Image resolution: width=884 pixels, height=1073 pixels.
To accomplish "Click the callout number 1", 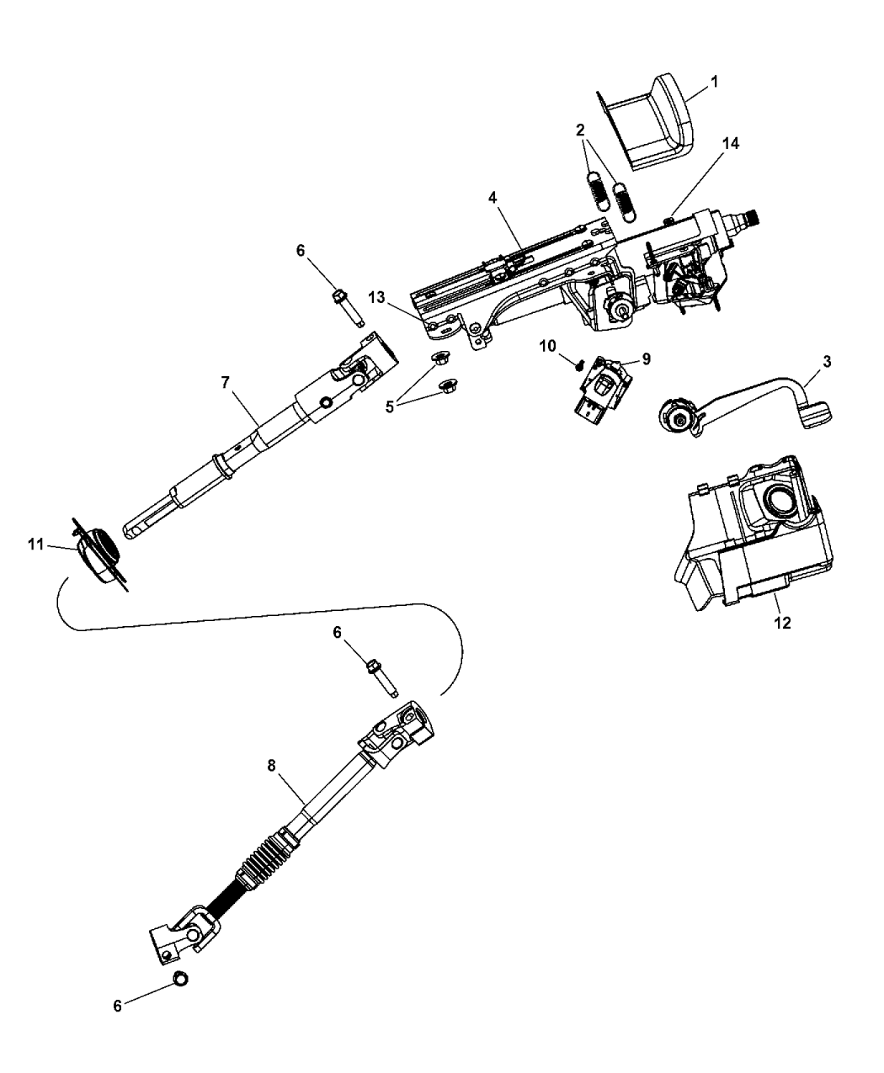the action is coord(714,82).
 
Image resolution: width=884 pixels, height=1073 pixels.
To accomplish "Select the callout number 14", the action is coord(730,145).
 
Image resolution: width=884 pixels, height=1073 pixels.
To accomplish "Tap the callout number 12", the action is coord(782,624).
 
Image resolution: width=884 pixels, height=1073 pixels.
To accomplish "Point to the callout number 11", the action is coord(36,544).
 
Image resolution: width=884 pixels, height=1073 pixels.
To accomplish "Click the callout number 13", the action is coord(376,297).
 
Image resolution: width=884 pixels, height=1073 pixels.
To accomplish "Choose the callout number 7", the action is coord(226,383).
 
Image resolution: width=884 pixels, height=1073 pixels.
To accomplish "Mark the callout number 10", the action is coord(548,347).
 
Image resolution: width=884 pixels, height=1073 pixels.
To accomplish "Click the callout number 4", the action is coord(493,198).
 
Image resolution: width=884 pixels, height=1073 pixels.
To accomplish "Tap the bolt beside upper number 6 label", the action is coord(349,308).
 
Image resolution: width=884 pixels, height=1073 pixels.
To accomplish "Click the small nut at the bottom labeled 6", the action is coord(180,979).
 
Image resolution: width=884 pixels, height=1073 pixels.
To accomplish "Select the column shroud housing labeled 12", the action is coord(754,533).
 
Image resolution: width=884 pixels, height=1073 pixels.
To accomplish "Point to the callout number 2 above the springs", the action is coord(581,130).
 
